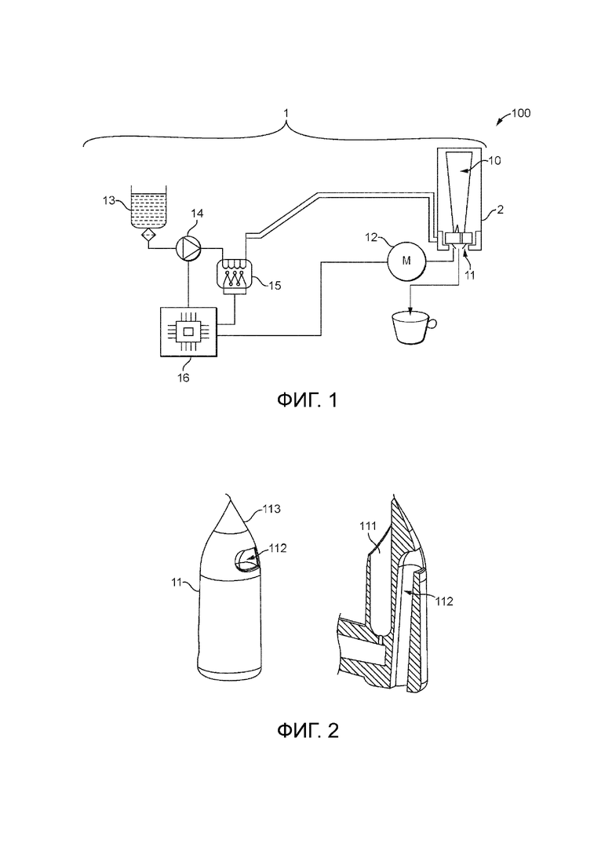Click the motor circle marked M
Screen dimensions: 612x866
[406, 261]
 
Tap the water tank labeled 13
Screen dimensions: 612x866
[148, 209]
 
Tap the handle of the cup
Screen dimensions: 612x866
[433, 323]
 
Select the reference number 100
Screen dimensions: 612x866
[521, 113]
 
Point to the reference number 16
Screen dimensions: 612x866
[183, 378]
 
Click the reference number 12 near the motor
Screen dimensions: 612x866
[371, 237]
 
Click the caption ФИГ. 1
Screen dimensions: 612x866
[307, 400]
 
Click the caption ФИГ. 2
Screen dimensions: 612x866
[307, 731]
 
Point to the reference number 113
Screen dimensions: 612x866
[271, 509]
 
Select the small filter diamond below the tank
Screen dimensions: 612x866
[148, 236]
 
